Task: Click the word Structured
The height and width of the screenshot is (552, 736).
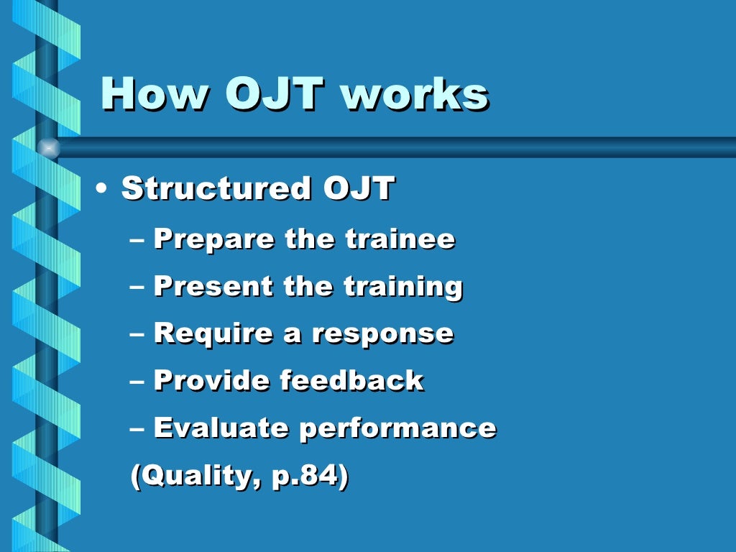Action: point(216,188)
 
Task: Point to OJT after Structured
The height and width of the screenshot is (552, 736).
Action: point(359,188)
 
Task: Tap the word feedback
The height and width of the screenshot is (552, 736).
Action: point(352,380)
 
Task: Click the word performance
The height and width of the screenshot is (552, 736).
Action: point(397,429)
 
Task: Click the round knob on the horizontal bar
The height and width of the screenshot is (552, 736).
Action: point(48,147)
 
